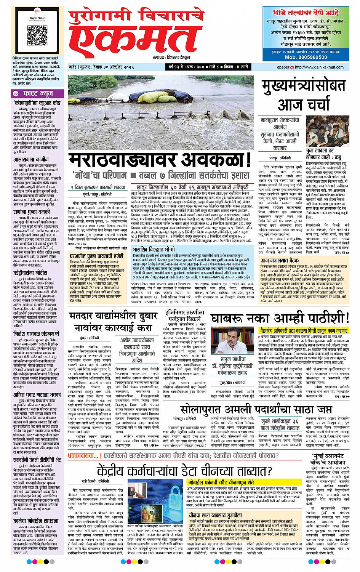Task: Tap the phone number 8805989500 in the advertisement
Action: pyautogui.click(x=306, y=57)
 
